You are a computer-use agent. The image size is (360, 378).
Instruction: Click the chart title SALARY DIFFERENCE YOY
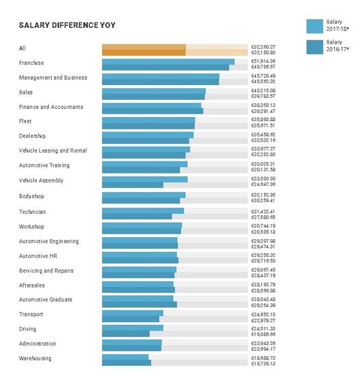tap(67, 25)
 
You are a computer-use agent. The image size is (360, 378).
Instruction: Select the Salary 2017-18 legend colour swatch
tap(314, 26)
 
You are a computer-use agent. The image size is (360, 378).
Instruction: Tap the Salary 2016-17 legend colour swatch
tap(314, 47)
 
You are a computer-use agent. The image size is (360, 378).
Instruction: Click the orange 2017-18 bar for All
tap(144, 46)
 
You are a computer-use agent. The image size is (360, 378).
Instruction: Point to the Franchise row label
tap(31, 63)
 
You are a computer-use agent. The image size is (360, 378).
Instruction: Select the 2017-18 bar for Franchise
tap(168, 61)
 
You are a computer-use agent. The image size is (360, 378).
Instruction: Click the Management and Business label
tap(52, 78)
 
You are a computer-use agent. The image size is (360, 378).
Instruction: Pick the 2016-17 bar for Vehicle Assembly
tap(133, 184)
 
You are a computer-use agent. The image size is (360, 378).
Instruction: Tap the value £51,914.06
tap(263, 61)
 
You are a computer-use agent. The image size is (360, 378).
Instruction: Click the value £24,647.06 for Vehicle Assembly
tap(263, 184)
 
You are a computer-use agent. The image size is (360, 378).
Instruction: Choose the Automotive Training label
tap(44, 166)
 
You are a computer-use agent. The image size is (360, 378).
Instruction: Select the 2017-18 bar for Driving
tap(133, 328)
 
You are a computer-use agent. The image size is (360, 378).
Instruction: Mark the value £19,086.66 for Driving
tap(263, 334)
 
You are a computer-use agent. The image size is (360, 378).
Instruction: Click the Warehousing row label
tap(35, 358)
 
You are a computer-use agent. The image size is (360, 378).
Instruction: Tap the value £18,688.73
tap(263, 357)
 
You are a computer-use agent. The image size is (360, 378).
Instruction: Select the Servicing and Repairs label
tap(46, 270)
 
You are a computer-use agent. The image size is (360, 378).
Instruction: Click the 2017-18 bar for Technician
tap(143, 210)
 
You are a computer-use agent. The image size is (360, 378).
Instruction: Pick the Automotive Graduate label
tap(45, 300)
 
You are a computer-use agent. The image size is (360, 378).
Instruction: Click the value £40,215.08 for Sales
tap(263, 90)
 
